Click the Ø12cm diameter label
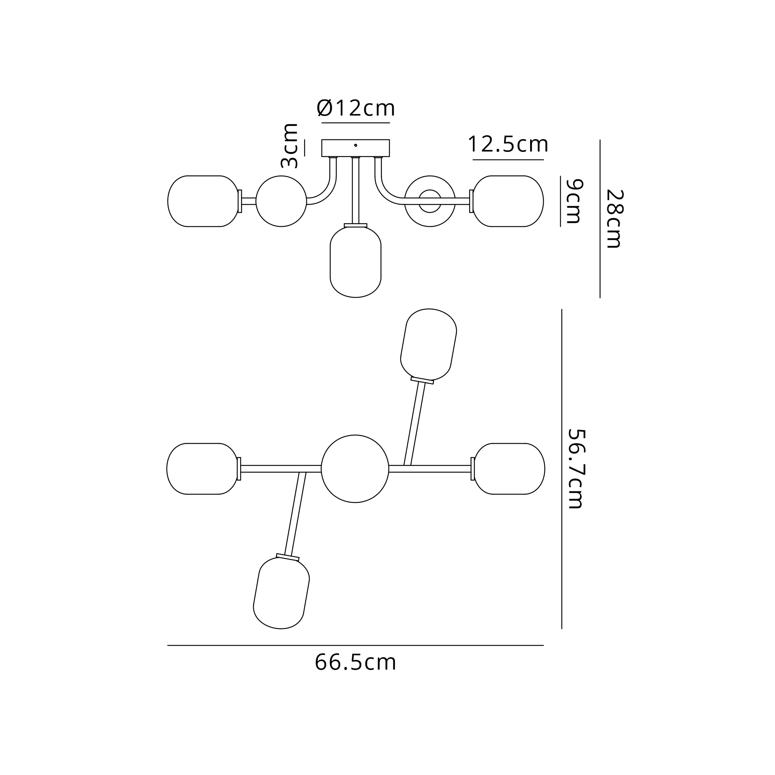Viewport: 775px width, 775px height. click(x=356, y=108)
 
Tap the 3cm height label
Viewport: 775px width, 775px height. click(x=289, y=146)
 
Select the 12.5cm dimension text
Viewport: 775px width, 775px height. click(x=508, y=144)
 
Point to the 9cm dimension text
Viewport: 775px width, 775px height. click(x=573, y=201)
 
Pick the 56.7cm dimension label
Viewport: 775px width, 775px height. click(x=577, y=469)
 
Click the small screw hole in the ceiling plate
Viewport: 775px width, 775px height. click(x=355, y=145)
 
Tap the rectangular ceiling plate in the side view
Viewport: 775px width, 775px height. click(x=355, y=148)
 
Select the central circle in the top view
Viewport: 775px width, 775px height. click(x=355, y=468)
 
